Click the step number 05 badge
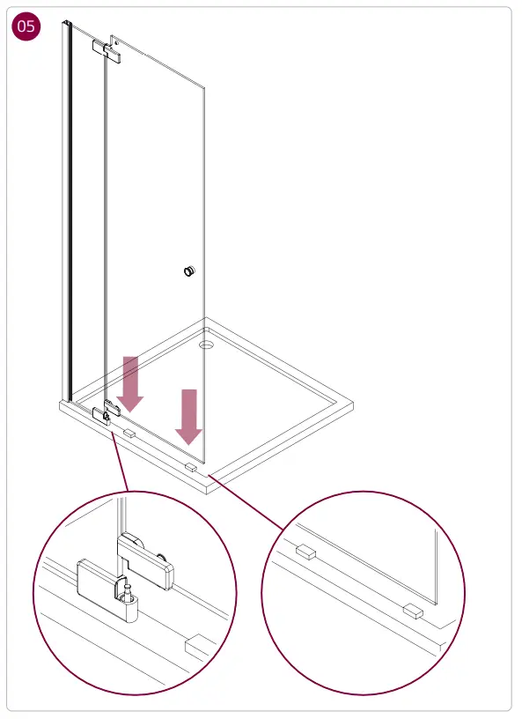tap(26, 26)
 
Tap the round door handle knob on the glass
tap(188, 271)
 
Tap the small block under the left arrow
tap(129, 433)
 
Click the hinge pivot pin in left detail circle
tap(127, 589)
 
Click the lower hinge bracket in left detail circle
tap(99, 589)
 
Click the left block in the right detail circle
tap(305, 552)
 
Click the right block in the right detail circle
tap(412, 610)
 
